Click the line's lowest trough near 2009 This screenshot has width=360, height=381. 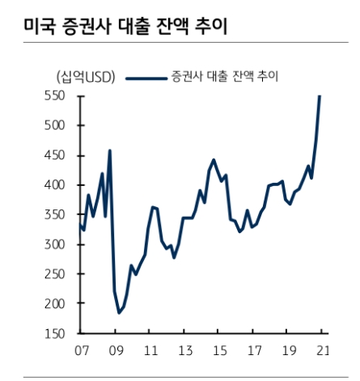pyautogui.click(x=119, y=312)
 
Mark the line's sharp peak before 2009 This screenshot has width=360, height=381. pyautogui.click(x=109, y=150)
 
